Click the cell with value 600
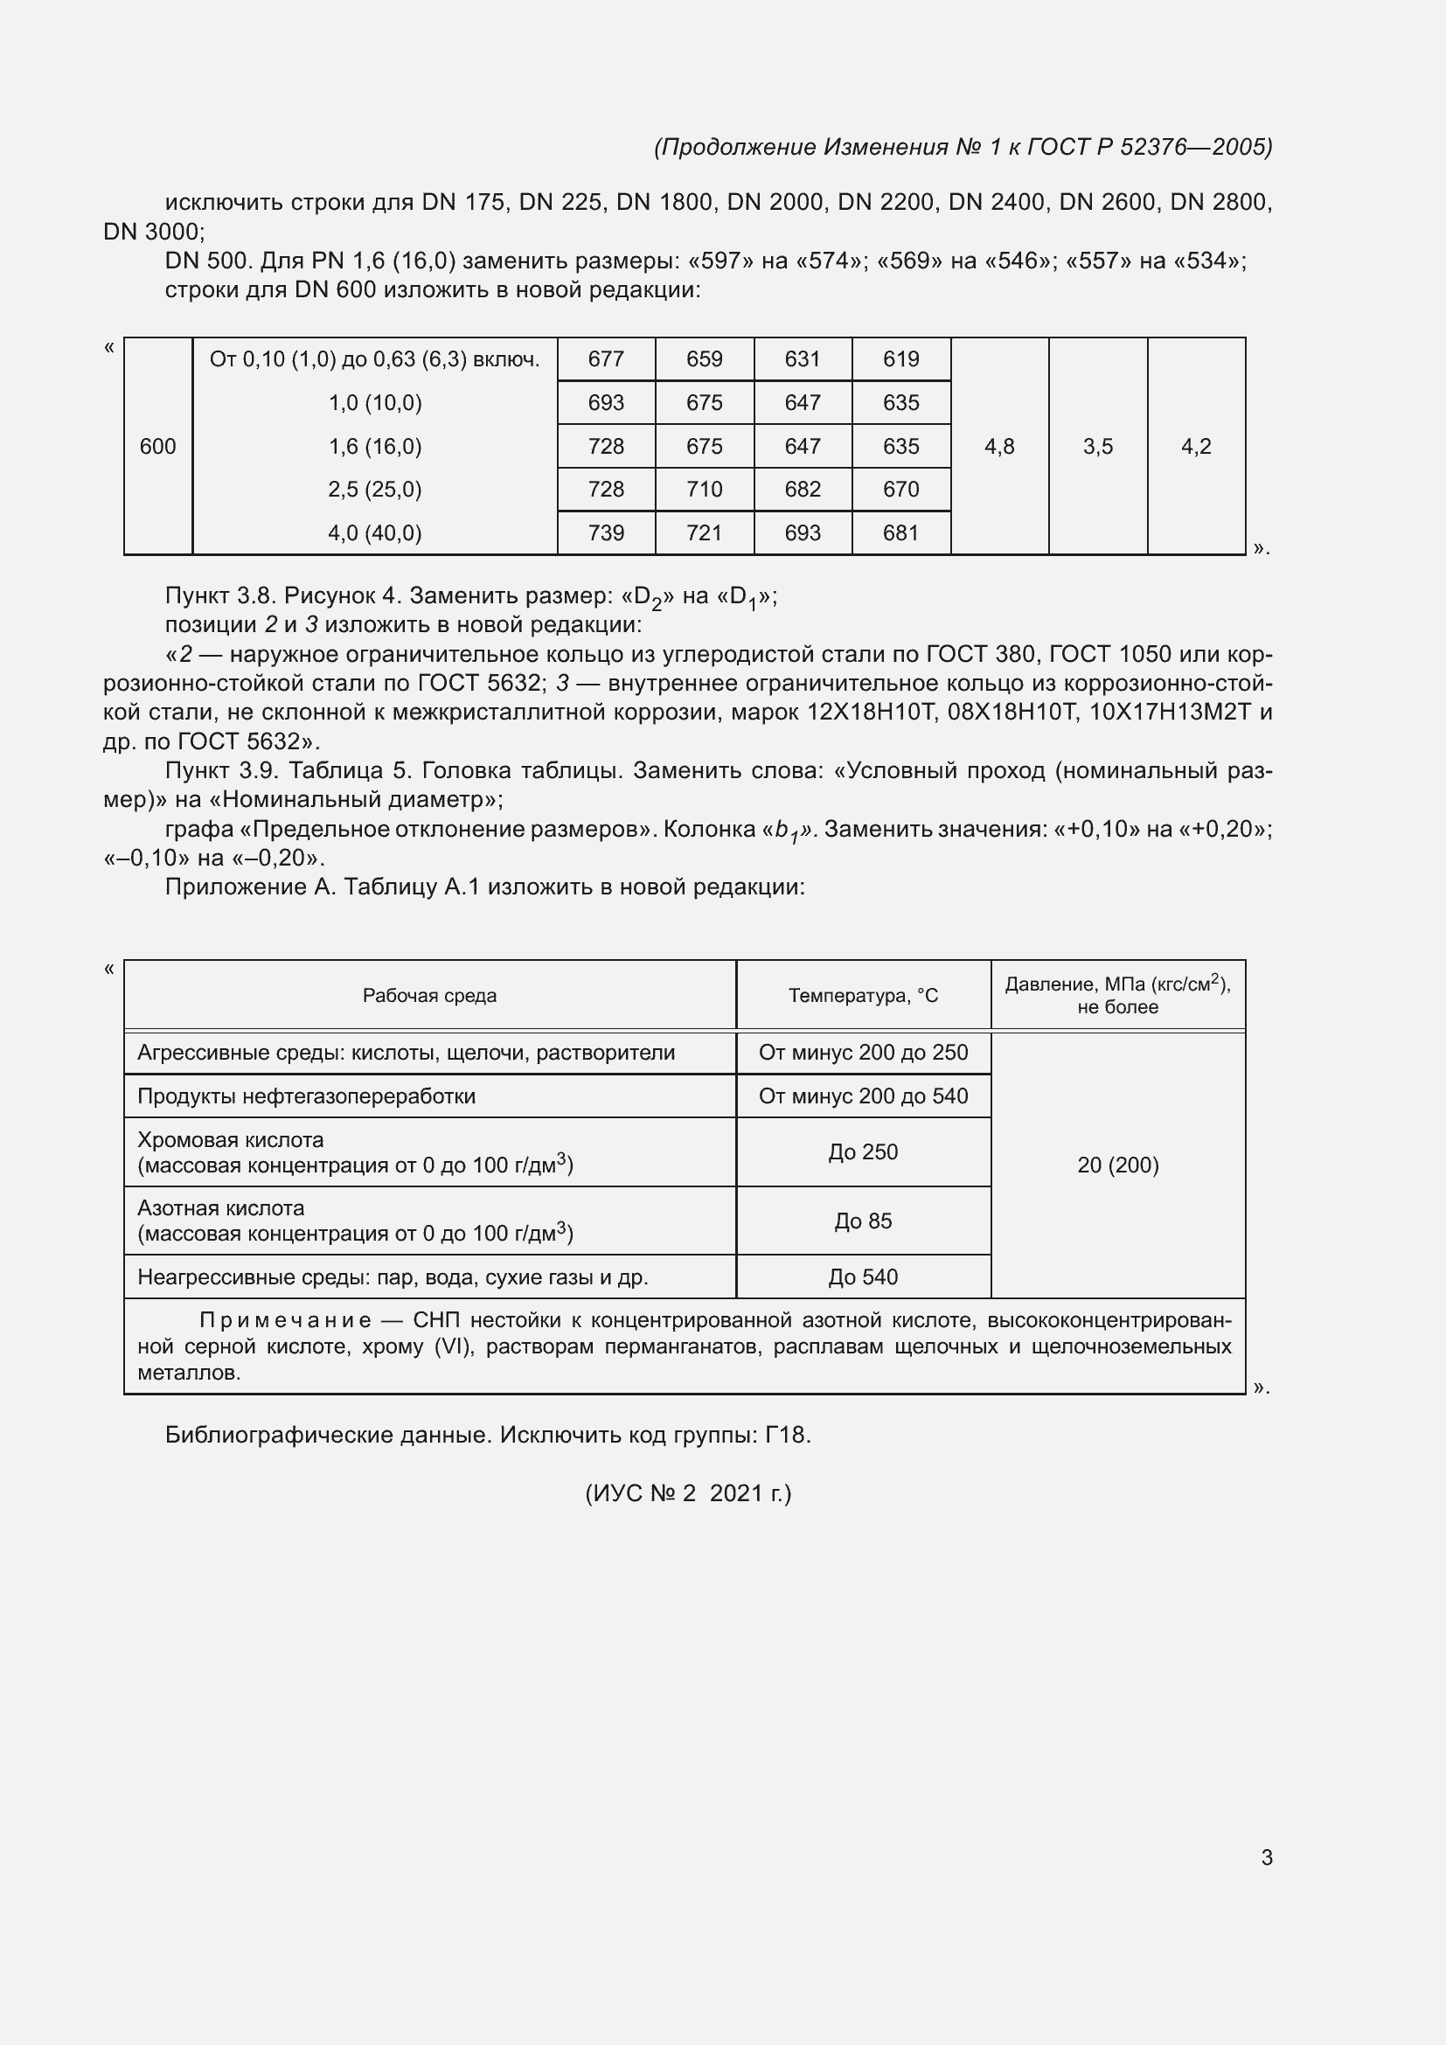(x=157, y=446)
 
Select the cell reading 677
(x=606, y=359)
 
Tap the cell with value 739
(x=606, y=532)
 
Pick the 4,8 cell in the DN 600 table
(x=999, y=446)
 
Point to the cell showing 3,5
(x=1098, y=446)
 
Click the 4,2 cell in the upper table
(x=1196, y=446)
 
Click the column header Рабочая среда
(x=429, y=995)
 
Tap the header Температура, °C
(x=863, y=995)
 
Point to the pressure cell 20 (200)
(x=1117, y=1165)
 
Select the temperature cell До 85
(x=863, y=1221)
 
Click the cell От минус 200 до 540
(x=863, y=1096)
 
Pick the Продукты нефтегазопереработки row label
(x=306, y=1096)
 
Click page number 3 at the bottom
(x=1266, y=1857)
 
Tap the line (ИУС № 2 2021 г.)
(x=687, y=1492)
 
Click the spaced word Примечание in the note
(x=285, y=1319)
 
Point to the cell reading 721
(x=705, y=532)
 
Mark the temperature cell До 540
(x=863, y=1276)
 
